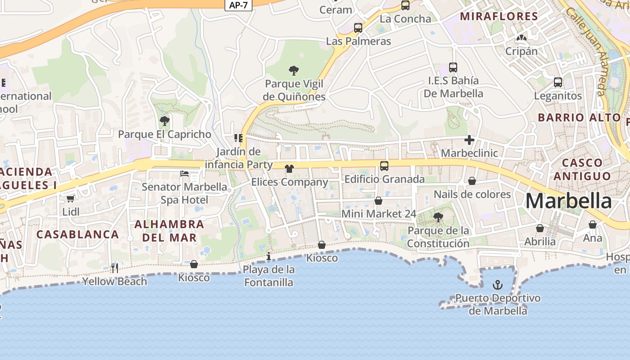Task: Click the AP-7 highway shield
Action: (238, 4)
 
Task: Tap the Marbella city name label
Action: (568, 201)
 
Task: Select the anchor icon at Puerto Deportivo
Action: (497, 285)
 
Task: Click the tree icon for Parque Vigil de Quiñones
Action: (294, 71)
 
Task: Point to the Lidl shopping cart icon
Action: (70, 198)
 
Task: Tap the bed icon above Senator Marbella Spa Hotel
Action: (184, 174)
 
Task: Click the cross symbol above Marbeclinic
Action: (469, 140)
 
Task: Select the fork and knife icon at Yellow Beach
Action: (115, 268)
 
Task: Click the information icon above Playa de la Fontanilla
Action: (269, 256)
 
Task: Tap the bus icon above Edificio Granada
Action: (384, 166)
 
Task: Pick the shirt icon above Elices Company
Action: (289, 169)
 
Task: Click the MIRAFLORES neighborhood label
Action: (499, 17)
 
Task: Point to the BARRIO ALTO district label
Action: (579, 118)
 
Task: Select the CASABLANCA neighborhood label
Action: (77, 234)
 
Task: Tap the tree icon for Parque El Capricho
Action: (164, 121)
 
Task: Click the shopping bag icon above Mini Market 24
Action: (378, 201)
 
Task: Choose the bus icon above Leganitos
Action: (558, 82)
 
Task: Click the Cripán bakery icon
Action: (522, 38)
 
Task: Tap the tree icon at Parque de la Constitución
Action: (438, 218)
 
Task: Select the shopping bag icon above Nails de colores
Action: (472, 181)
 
